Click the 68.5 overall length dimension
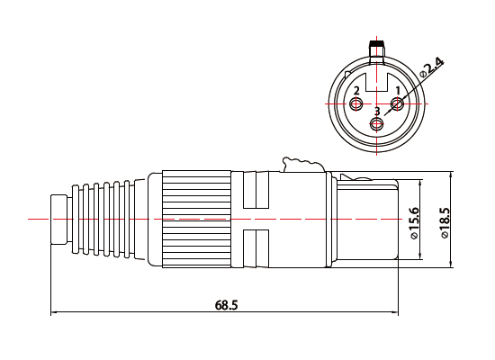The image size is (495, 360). coord(226,305)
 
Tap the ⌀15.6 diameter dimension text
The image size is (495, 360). coord(414,223)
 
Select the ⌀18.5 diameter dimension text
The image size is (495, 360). coord(445,222)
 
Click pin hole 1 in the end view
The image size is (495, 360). coord(397,103)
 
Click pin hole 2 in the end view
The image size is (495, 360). coord(356,103)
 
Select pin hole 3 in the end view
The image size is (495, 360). coord(376,124)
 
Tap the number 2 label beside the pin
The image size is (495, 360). coord(356,91)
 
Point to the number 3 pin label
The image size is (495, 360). coord(377,112)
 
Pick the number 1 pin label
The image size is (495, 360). coord(398,91)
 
